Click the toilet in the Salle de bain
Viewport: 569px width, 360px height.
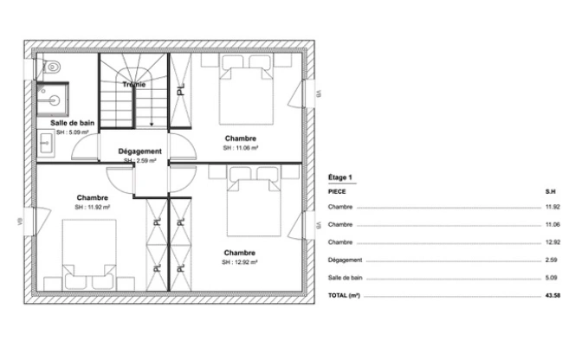click(x=53, y=66)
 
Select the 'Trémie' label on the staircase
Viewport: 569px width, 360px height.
click(x=134, y=85)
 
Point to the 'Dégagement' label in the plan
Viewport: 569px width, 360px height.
click(x=139, y=151)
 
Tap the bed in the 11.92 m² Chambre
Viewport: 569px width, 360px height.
click(x=88, y=250)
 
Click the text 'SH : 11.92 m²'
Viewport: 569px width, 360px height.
click(x=93, y=207)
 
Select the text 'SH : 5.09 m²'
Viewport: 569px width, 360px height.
click(x=73, y=133)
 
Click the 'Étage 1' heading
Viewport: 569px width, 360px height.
click(x=340, y=176)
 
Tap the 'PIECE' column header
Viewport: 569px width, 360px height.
click(x=337, y=190)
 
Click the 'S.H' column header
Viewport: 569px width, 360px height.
click(x=550, y=190)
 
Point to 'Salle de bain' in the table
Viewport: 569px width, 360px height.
click(x=344, y=277)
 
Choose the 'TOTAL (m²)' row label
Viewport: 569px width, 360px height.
click(x=344, y=295)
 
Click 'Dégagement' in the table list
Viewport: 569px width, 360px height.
click(x=344, y=260)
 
